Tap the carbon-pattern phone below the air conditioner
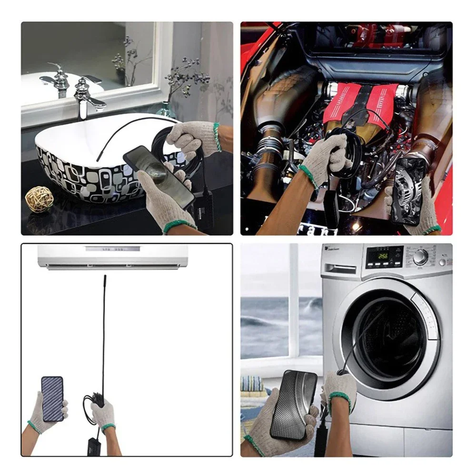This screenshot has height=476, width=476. click(x=52, y=398)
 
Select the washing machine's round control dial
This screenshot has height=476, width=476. click(x=420, y=257)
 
